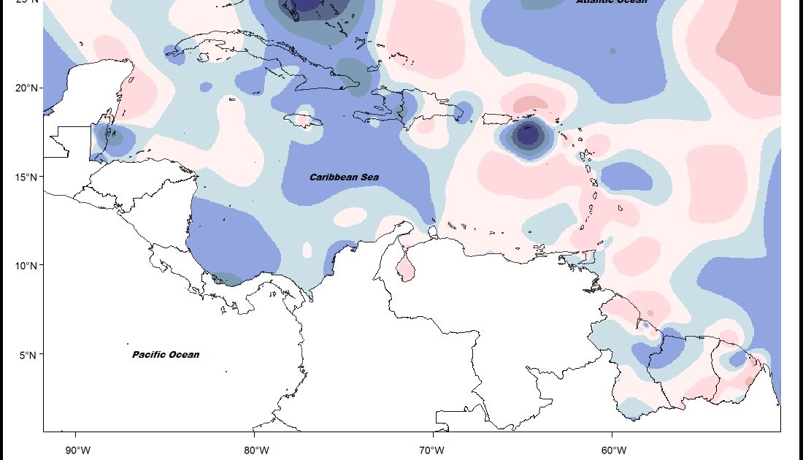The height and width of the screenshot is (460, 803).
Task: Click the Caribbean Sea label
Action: pyautogui.click(x=344, y=177)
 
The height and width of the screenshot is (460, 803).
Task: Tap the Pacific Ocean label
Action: pyautogui.click(x=166, y=355)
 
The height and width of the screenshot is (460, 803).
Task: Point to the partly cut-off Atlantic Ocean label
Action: pyautogui.click(x=611, y=2)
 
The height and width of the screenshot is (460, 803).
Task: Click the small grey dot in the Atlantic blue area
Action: pyautogui.click(x=613, y=51)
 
